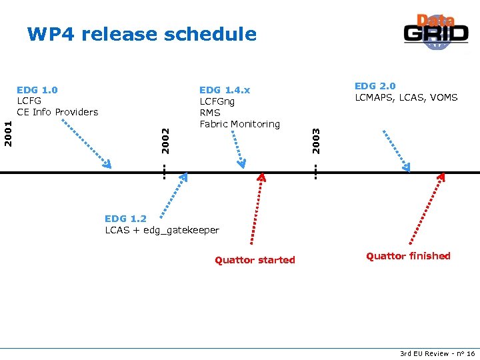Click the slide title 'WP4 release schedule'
[141, 34]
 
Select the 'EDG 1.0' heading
[37, 89]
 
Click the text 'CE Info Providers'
[57, 111]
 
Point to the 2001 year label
[7, 133]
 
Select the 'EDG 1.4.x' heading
[225, 89]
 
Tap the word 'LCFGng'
[217, 101]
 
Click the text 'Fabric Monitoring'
[239, 124]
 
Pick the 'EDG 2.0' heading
[375, 86]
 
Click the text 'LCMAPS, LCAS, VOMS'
[405, 98]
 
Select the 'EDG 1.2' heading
[125, 218]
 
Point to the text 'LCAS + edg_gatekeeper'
[162, 230]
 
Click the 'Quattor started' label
[255, 260]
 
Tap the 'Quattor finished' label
[408, 256]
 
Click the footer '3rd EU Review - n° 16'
[437, 353]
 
